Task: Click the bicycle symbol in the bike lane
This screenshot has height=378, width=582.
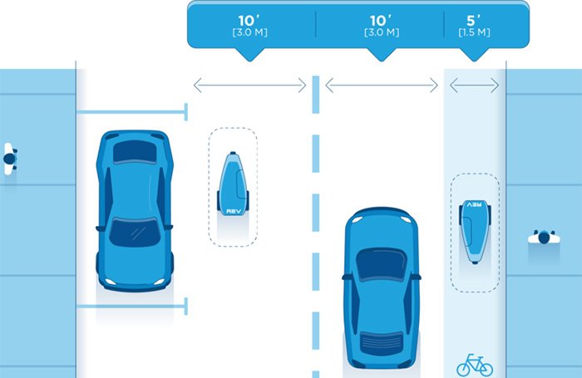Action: point(474,364)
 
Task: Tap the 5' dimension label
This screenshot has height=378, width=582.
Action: point(474,18)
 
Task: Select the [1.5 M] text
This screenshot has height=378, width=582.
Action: point(474,32)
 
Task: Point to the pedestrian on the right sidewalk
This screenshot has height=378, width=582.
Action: point(544,238)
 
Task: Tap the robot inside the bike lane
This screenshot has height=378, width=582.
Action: point(475,228)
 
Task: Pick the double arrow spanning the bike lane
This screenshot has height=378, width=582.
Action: point(474,86)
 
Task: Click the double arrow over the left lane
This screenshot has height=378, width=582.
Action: point(250,86)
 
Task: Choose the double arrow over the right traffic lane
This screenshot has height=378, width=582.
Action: point(382,86)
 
